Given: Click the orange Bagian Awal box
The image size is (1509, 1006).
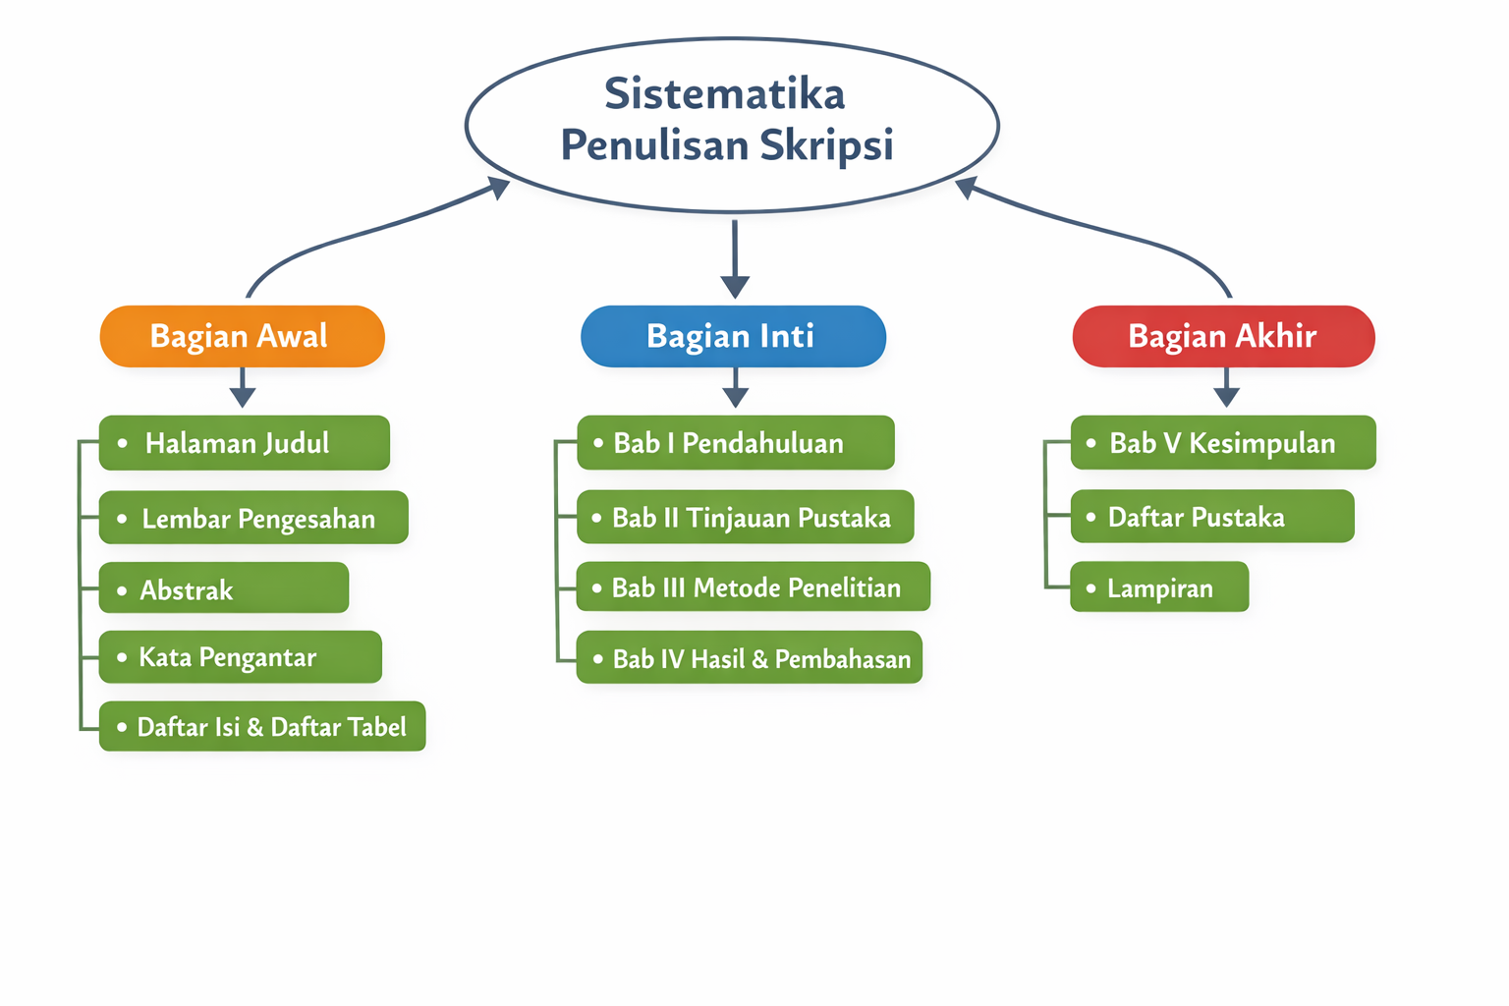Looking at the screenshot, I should point(242,336).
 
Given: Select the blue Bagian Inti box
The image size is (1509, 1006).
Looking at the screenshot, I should point(733,336).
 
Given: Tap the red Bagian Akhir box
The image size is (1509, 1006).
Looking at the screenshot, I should point(1223,336).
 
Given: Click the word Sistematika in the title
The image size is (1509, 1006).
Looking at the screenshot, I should point(725,94).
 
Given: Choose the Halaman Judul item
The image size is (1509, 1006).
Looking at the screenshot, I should point(245,443).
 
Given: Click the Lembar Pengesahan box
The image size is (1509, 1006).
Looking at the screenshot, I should point(253,518).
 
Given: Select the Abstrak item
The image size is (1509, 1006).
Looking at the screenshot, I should point(224,588).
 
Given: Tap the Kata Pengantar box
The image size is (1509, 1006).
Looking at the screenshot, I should point(241,657).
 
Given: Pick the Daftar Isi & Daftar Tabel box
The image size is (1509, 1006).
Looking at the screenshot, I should point(262,727).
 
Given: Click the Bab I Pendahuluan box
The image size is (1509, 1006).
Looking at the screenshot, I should point(736,443).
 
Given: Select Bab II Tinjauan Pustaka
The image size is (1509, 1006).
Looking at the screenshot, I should point(746,518).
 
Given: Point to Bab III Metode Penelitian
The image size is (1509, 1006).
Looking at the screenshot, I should point(753,587).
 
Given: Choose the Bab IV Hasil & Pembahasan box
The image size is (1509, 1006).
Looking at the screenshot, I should point(750,658).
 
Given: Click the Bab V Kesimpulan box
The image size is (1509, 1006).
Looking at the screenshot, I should point(1223,443).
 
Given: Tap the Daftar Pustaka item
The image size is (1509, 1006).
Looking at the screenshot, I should point(1212,517).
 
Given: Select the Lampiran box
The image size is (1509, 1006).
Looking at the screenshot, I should point(1159,587).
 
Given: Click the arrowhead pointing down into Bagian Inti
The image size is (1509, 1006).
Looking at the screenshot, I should point(735,286).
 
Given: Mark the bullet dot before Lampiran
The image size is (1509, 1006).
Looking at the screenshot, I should point(1090,588).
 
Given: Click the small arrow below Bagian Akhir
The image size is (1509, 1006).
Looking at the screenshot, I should point(1226,392).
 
